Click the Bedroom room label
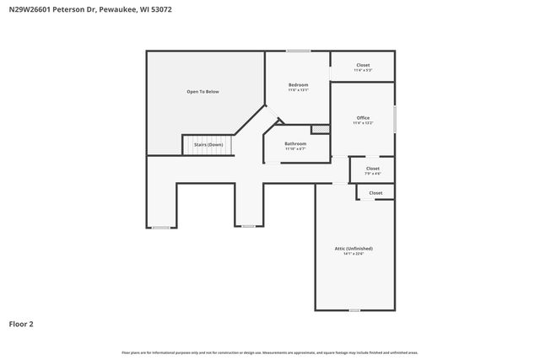298,84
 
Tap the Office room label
363,117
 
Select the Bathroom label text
295,143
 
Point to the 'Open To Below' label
202,90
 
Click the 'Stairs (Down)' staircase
208,145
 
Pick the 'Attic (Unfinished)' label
354,248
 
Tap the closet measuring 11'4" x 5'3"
363,65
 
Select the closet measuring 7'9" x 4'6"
372,168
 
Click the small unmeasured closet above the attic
375,193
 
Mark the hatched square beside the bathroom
320,129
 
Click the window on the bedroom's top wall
298,51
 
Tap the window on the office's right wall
395,118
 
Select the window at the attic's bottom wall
354,310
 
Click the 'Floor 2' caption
21,324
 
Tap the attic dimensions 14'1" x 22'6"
354,254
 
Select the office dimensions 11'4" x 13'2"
363,123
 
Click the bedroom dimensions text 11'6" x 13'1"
298,90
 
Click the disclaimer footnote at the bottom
270,352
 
